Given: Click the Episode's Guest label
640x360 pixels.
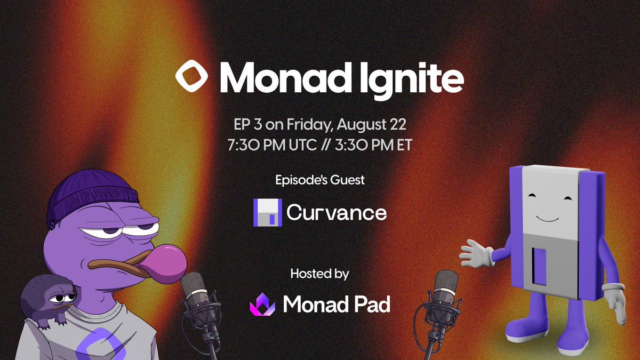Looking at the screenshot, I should click(x=320, y=180).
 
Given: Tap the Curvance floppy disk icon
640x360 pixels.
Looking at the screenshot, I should click(x=267, y=213).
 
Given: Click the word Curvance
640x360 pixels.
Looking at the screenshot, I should click(x=336, y=213).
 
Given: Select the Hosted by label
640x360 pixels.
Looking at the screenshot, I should click(x=320, y=275).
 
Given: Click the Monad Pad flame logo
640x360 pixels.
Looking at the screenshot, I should click(x=262, y=304).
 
